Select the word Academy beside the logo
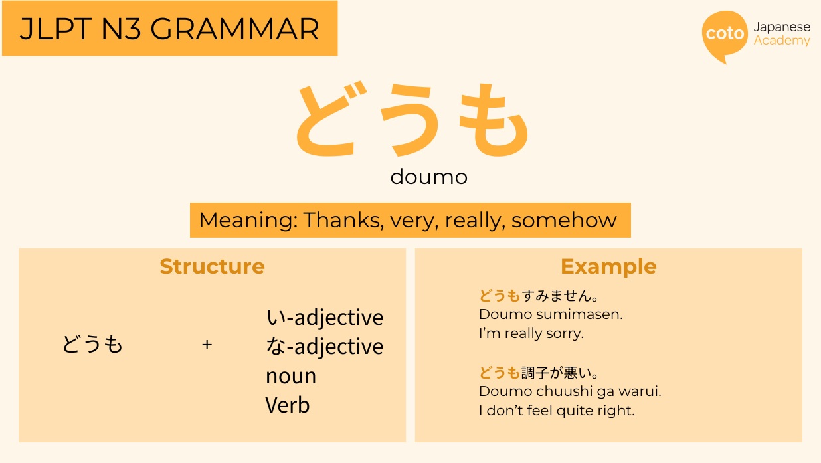[782, 41]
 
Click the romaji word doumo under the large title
[429, 177]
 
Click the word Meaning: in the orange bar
[248, 220]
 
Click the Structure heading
[212, 266]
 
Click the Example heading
[608, 266]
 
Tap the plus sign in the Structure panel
[207, 345]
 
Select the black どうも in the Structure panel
[93, 345]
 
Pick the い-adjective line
[324, 318]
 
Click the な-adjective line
[324, 347]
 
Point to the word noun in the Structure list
[291, 377]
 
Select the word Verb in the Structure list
[288, 405]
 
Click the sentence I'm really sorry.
[531, 334]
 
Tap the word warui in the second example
[641, 392]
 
